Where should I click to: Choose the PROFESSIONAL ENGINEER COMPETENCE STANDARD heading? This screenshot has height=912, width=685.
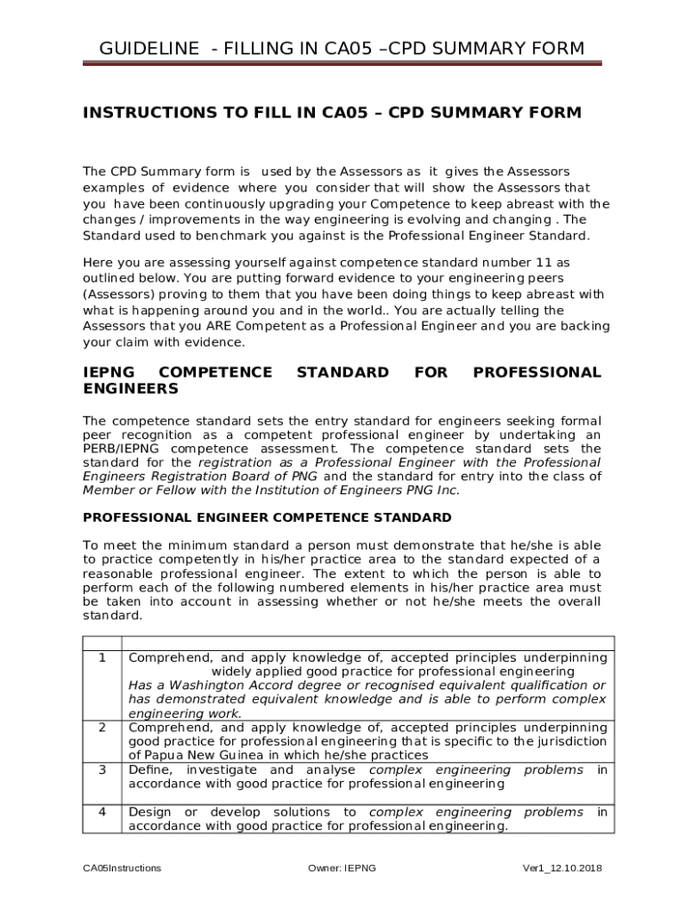[267, 517]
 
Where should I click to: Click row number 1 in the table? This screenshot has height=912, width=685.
[103, 658]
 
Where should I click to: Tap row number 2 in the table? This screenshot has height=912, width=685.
[103, 728]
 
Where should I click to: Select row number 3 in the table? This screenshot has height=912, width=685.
[103, 769]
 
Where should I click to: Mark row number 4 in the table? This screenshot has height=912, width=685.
[103, 812]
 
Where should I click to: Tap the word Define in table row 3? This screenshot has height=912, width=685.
[149, 769]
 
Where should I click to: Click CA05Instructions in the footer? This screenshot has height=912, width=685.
[122, 868]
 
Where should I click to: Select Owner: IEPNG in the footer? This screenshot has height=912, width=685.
[342, 868]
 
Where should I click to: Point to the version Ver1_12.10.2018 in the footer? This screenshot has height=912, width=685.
[562, 868]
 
